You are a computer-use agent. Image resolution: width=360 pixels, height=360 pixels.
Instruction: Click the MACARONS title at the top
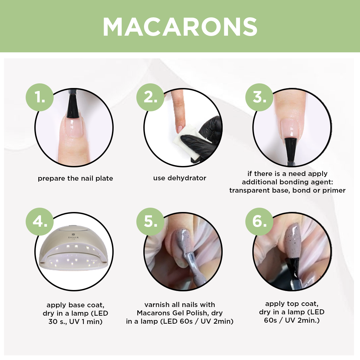pos(180,27)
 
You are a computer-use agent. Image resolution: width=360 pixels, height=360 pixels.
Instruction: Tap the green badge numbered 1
pos(40,97)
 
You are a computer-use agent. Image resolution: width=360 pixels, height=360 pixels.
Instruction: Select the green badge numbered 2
pos(150,97)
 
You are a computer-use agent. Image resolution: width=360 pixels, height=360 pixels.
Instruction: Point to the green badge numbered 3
pos(259,97)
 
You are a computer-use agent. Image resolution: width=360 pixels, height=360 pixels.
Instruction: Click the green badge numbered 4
pos(40,222)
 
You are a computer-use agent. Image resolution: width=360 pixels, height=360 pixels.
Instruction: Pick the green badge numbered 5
pos(150,222)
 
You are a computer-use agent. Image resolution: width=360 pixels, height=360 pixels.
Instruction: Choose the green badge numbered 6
pos(259,222)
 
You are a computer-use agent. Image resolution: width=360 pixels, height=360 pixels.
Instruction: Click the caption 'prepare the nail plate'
pos(75,178)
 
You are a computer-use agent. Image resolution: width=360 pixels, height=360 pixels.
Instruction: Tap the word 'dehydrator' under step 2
pos(187,178)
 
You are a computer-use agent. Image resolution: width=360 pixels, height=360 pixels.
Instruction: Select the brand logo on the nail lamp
pos(73,236)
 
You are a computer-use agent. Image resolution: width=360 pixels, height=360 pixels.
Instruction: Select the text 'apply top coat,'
pos(292,304)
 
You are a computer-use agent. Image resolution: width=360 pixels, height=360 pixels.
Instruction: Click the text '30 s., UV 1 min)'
pos(75,321)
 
